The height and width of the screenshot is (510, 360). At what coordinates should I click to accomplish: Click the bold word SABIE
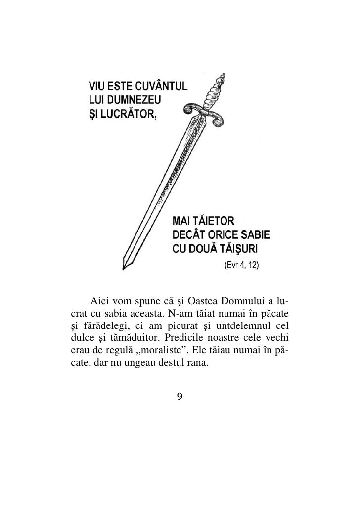257,233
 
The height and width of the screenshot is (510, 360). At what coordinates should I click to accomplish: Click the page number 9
180,396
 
